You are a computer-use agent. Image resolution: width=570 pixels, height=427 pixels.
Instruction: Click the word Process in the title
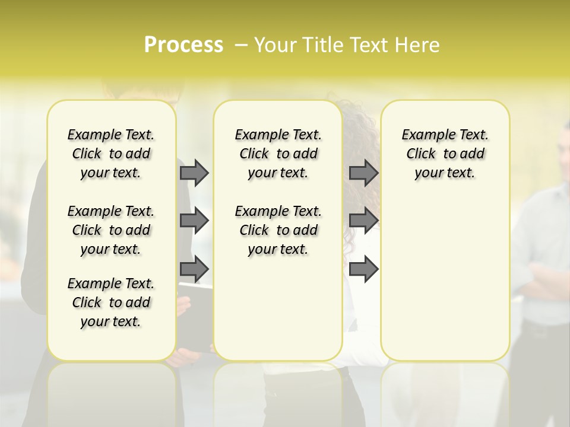point(183,45)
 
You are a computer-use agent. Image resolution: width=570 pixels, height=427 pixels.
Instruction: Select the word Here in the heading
point(419,45)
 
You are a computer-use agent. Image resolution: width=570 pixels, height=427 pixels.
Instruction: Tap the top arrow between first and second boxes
point(194,173)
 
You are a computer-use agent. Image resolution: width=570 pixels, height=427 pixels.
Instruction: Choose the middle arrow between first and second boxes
point(194,221)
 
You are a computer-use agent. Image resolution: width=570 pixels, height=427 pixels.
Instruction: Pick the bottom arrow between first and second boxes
point(194,269)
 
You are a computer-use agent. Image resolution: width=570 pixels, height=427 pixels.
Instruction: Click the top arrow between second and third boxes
point(363,173)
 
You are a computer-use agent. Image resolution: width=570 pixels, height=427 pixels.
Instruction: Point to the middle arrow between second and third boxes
point(363,221)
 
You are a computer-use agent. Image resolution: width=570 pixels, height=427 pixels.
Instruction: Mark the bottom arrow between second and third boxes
point(363,269)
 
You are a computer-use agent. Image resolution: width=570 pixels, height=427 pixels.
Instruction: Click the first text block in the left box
point(111,154)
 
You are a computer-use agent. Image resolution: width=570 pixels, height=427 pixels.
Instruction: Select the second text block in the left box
point(111,230)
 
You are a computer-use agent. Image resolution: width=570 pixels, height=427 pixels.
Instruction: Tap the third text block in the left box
point(111,302)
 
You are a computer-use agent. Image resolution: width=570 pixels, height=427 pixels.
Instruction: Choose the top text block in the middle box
point(278,154)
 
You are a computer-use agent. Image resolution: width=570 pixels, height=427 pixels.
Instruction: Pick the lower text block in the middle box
point(278,230)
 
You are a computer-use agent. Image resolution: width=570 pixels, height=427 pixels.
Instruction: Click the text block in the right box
point(445,154)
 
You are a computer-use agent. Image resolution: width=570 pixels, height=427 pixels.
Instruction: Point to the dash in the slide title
point(241,45)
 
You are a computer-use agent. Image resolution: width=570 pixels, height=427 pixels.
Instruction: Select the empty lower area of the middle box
point(278,308)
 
